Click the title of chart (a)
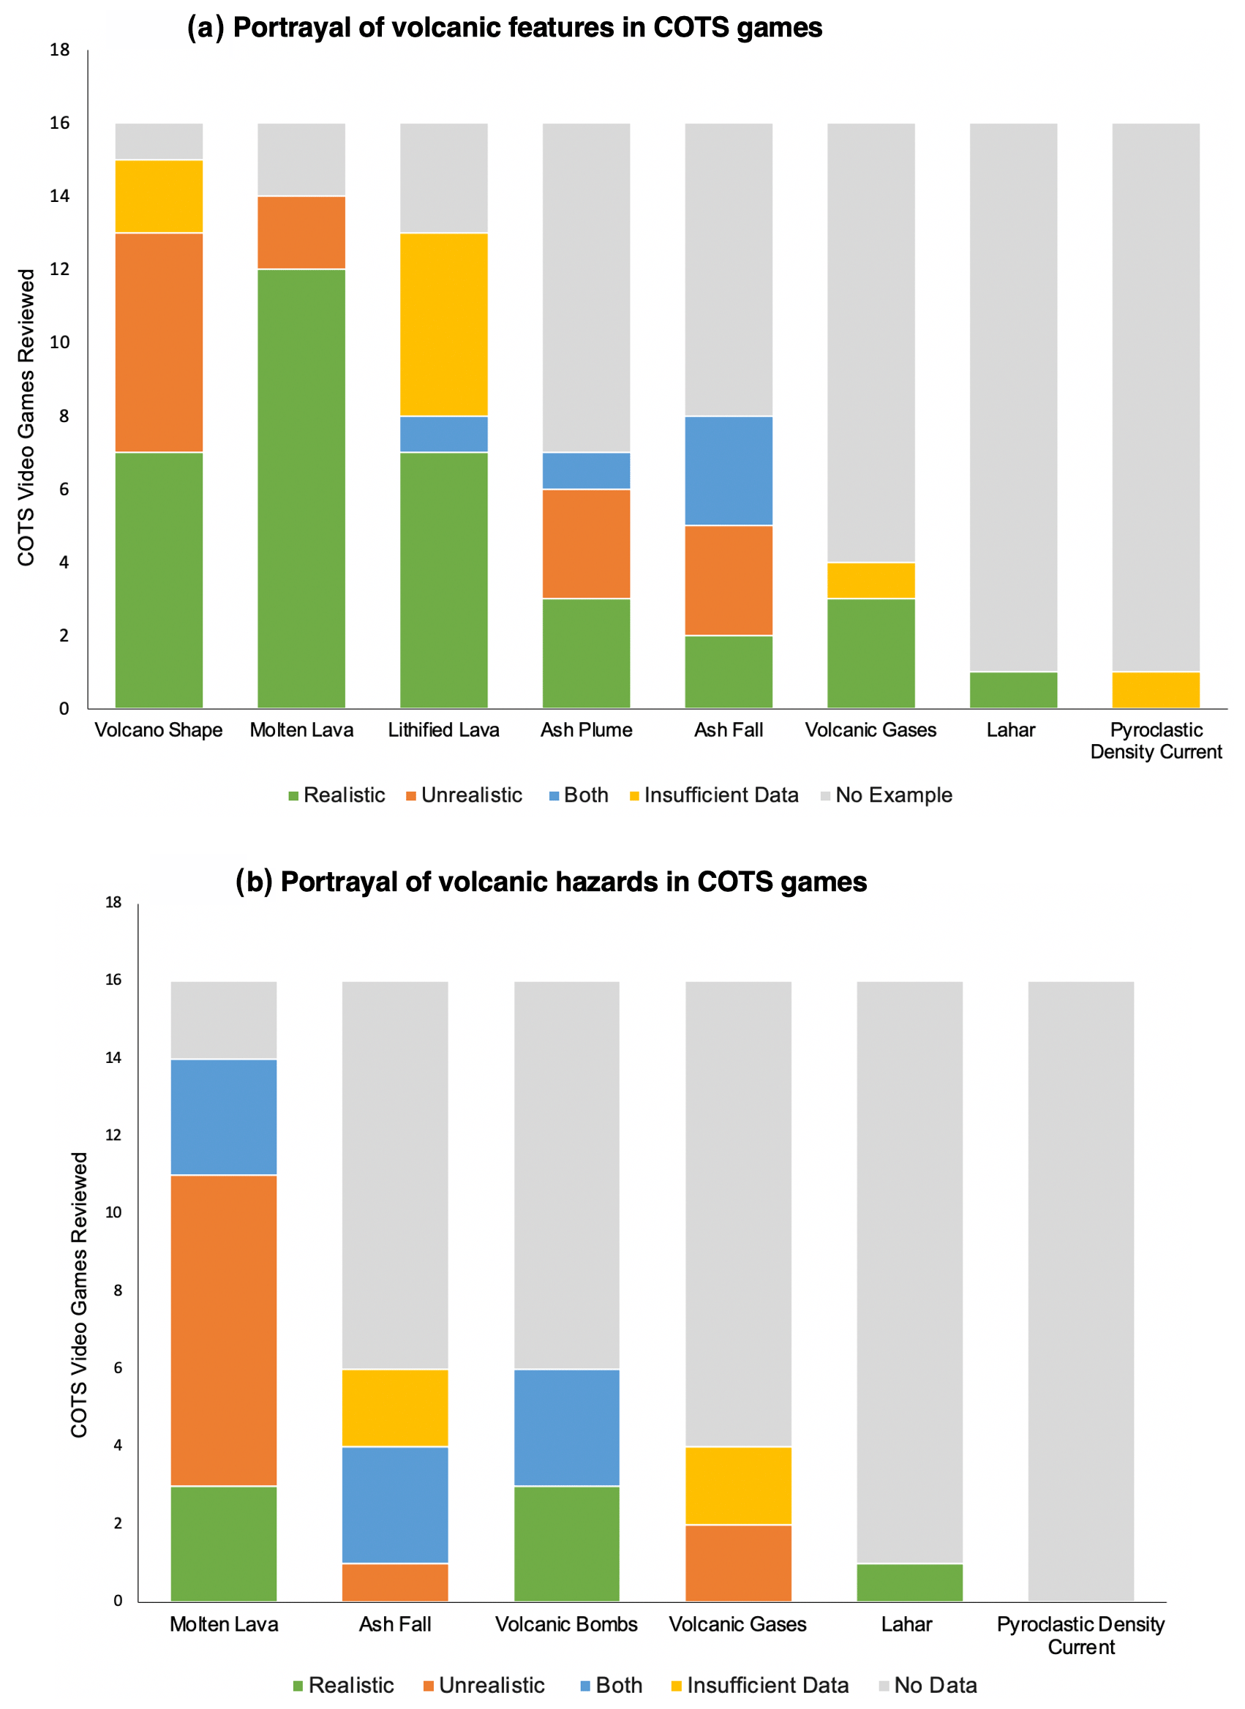[504, 28]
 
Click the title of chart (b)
[551, 882]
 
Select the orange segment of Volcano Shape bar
[159, 342]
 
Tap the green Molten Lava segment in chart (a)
[301, 488]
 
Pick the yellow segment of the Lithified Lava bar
[444, 324]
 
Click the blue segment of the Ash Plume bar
[587, 470]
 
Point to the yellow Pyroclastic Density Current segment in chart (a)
[1155, 689]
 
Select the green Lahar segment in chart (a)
[1013, 689]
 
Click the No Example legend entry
[887, 795]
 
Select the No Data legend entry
[928, 1685]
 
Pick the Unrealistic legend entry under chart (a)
[464, 795]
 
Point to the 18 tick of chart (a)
[59, 50]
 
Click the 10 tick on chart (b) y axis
[113, 1212]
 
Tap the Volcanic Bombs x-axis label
[566, 1624]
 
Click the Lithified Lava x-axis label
[444, 729]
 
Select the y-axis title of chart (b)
[79, 1295]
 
